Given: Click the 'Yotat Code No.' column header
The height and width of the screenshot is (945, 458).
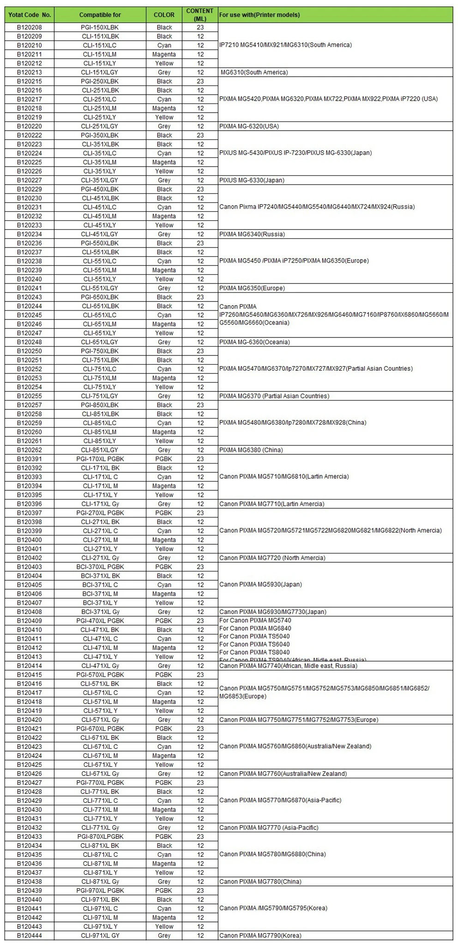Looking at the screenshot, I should point(30,15).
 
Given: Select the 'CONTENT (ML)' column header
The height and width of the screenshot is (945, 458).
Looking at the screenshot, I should point(200,15).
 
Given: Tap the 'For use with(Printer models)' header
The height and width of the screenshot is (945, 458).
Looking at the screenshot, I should point(259,15).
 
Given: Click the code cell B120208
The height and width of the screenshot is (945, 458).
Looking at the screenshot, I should point(30,27).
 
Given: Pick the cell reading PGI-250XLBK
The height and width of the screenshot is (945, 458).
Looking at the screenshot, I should point(100,81).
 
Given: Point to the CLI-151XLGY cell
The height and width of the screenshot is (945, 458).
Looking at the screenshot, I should point(100,72).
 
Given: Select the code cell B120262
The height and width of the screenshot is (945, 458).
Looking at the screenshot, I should point(30,450).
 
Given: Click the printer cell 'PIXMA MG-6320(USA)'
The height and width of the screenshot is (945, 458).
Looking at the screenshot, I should point(249,126).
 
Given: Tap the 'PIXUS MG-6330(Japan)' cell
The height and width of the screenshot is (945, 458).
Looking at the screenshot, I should point(252,181).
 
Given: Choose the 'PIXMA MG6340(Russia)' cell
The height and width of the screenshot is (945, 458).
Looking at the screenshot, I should point(252,235).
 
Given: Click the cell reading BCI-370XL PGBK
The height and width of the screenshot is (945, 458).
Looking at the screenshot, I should point(100,567).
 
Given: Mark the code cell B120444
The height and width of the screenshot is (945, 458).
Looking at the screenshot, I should point(30,936).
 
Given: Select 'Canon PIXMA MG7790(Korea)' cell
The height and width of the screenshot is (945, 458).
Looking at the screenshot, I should point(260,936).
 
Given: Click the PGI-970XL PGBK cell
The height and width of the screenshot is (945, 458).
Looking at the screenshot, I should point(100,891).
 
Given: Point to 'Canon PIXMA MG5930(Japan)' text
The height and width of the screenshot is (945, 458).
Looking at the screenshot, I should point(260,584).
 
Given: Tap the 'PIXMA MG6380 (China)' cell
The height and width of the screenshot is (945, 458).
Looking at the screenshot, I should point(251,450).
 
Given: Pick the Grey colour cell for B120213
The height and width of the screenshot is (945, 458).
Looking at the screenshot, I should point(164,72).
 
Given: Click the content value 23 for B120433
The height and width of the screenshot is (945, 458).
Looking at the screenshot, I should point(200,837).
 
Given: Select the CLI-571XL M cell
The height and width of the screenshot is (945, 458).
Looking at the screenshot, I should point(100,702).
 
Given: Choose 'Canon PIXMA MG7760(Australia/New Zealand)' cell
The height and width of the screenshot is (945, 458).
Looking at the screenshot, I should point(283,774).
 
